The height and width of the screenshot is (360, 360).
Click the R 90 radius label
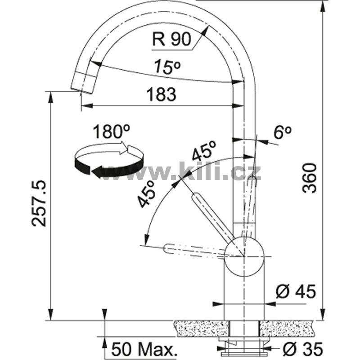(172, 39)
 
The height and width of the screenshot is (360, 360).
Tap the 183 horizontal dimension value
(162, 94)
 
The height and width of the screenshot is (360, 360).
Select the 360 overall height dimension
(309, 178)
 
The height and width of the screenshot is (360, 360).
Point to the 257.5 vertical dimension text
(39, 203)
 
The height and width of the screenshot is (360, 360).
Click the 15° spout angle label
(167, 67)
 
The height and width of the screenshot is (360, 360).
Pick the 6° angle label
(283, 132)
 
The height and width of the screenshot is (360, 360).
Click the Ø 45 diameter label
(296, 292)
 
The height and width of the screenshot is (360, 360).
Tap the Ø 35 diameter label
(303, 349)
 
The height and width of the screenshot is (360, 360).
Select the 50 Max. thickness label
(144, 350)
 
